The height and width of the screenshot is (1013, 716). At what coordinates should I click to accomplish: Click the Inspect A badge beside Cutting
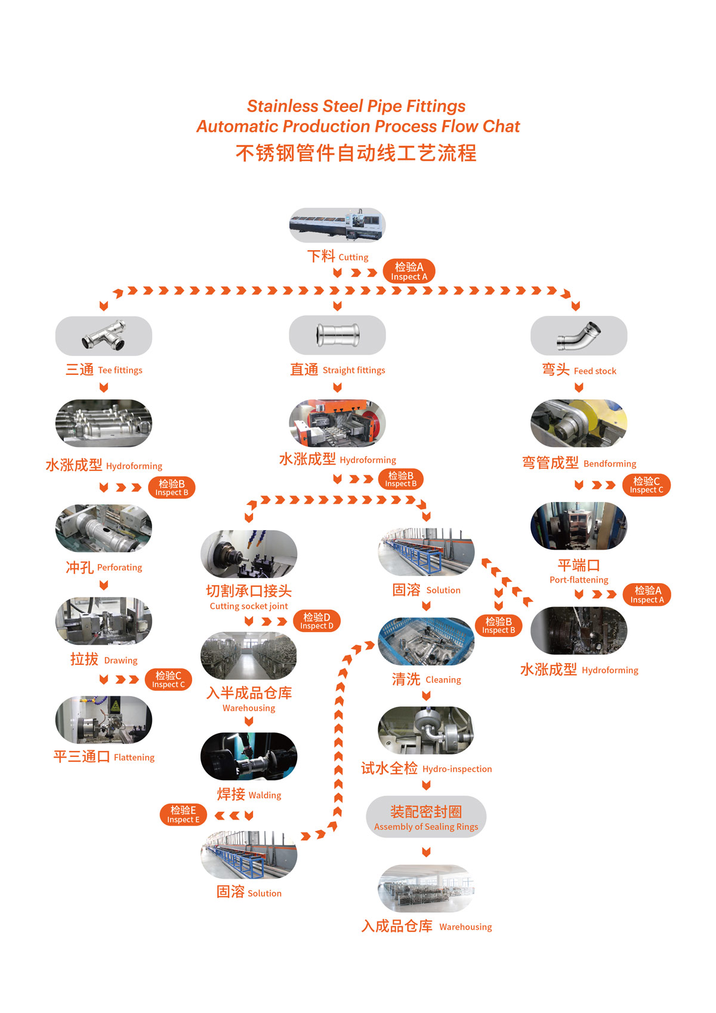point(409,271)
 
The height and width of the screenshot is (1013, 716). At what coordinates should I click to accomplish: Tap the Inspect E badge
point(183,815)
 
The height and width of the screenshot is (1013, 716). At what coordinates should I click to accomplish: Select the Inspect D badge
point(317,621)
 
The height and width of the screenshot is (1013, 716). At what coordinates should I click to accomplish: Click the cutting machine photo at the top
point(337,225)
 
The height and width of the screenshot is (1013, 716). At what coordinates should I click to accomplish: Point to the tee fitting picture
point(104,335)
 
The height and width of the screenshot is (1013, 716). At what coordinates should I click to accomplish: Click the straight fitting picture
point(337,335)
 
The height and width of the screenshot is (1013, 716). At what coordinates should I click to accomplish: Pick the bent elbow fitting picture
point(579,335)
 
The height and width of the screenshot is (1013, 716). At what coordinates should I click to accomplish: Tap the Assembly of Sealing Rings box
point(426,817)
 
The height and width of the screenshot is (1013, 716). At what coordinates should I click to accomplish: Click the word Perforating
point(119,568)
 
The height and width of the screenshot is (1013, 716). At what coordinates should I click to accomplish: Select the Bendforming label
point(610,464)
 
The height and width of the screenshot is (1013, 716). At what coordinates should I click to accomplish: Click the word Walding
point(265,796)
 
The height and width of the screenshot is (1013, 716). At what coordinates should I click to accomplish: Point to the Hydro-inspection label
point(457,769)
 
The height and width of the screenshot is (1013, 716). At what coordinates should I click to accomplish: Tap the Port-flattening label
point(579,580)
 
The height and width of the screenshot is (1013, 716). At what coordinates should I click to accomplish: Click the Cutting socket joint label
point(249,606)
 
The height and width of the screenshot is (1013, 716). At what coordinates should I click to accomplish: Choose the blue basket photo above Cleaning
point(426,642)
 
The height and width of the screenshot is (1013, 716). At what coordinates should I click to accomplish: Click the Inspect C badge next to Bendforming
point(647,485)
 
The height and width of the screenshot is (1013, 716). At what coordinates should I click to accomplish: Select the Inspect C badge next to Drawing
point(168,679)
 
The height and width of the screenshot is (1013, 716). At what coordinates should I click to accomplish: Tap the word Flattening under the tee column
point(134,758)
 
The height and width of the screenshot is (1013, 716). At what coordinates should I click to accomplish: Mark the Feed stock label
point(595,371)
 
